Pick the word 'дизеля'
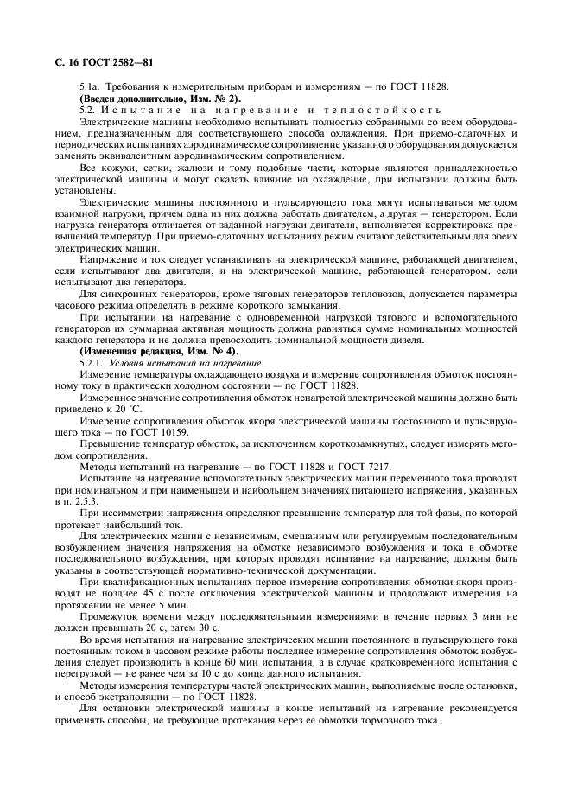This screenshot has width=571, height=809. click(389, 341)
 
